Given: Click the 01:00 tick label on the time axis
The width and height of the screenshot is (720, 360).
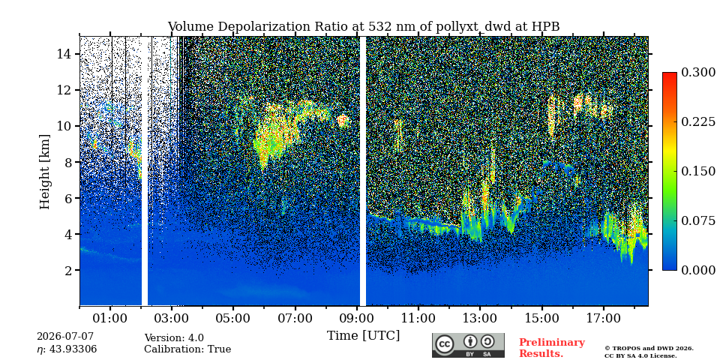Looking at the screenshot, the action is [x=110, y=318].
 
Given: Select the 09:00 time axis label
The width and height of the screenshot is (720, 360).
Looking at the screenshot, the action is [x=356, y=318].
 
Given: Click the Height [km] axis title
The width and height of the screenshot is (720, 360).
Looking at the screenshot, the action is [x=44, y=171].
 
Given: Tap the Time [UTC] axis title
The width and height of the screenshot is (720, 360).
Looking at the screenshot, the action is [x=363, y=336].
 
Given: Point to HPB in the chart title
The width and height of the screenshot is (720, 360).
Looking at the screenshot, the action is [x=546, y=27].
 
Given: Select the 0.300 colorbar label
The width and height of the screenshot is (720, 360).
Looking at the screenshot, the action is [x=698, y=73].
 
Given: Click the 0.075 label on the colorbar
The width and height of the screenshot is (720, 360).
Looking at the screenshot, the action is [x=698, y=220].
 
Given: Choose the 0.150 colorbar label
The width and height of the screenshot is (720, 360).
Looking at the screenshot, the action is [x=698, y=171].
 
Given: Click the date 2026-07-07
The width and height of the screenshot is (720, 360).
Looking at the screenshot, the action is [x=65, y=337].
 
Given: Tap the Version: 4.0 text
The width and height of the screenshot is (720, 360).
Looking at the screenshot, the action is [x=174, y=338].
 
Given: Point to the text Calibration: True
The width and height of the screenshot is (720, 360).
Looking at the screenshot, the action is [x=187, y=349].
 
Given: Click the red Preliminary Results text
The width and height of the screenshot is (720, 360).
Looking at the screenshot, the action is [x=552, y=348].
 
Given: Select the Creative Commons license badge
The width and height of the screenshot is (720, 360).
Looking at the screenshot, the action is [x=468, y=345].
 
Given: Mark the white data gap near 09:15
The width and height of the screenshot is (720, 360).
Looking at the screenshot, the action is [x=363, y=171].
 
